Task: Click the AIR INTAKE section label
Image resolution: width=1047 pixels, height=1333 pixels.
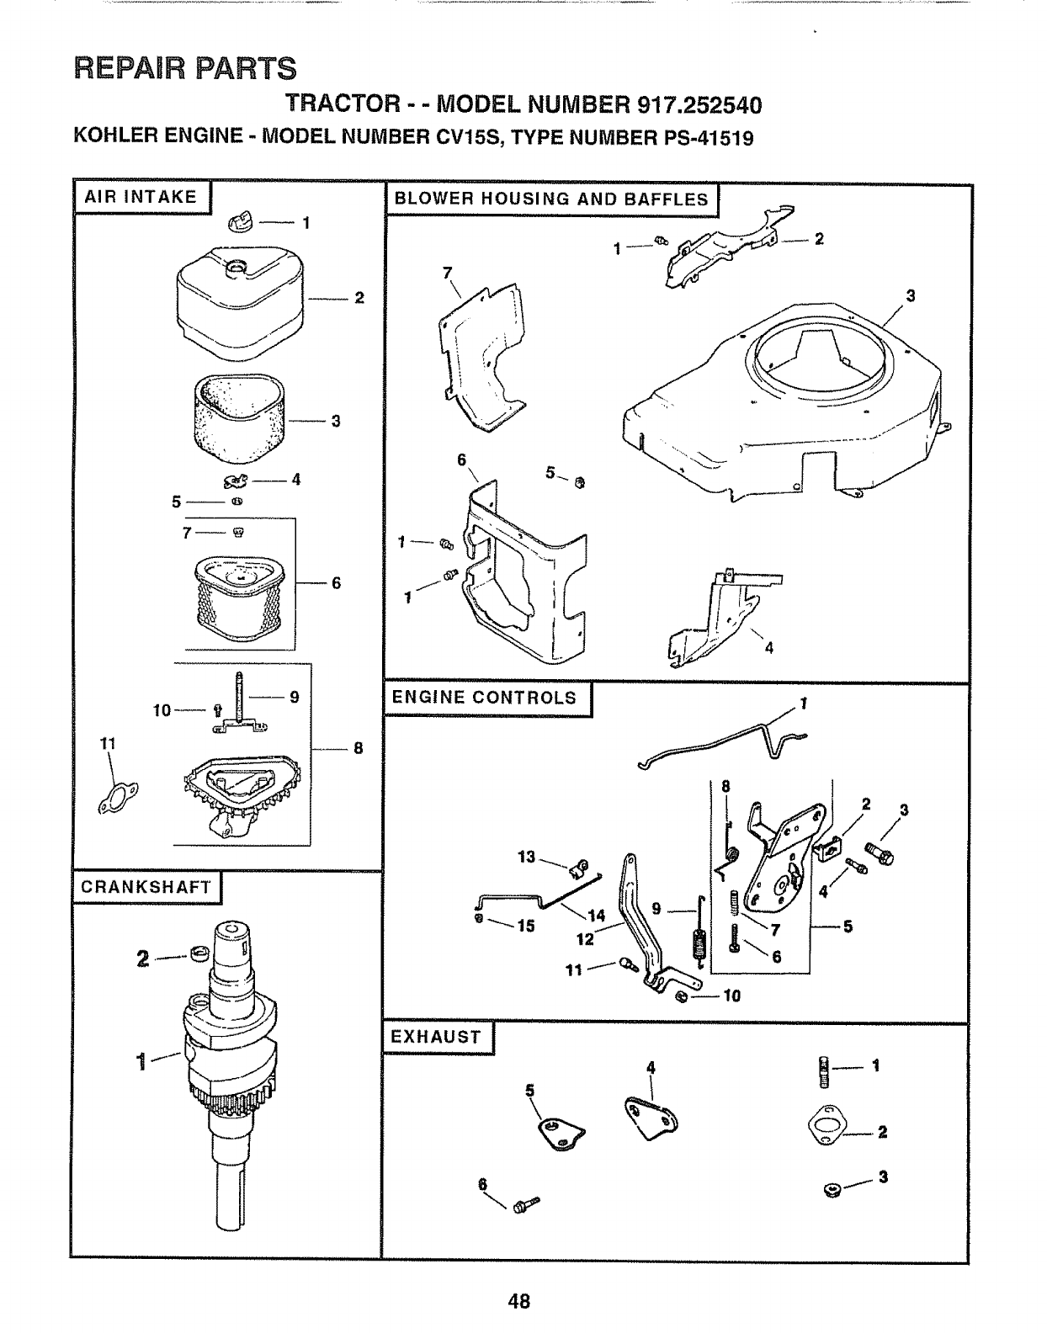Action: [x=141, y=198]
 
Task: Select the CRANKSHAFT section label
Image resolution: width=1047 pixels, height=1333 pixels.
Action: [x=146, y=887]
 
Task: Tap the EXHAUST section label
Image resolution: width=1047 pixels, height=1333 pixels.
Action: [x=436, y=1037]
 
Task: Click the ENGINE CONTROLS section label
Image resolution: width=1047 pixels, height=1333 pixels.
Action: [x=485, y=698]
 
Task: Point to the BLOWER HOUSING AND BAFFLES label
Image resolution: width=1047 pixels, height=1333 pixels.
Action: [x=551, y=199]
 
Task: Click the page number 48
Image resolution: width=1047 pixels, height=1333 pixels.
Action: [x=519, y=1301]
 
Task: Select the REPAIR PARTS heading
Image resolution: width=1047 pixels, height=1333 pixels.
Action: [x=185, y=67]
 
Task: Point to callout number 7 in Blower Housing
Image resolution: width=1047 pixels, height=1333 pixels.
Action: [x=447, y=272]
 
